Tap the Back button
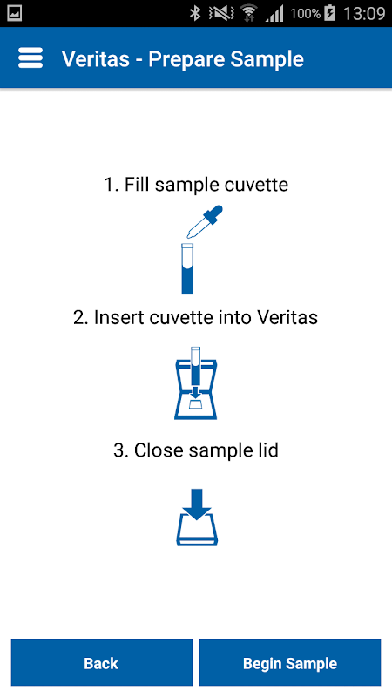(101, 662)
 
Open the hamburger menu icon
(30, 58)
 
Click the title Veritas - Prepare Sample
(183, 58)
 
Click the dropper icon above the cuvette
(205, 221)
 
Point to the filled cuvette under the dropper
(187, 268)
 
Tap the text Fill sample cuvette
(206, 185)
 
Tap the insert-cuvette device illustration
(195, 383)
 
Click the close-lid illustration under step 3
(197, 518)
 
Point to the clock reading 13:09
(364, 13)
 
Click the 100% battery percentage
(306, 14)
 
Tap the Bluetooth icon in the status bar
(194, 13)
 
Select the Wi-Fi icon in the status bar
(249, 14)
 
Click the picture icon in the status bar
(15, 13)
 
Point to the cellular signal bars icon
(274, 14)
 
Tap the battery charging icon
(330, 13)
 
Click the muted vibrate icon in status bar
(220, 14)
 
